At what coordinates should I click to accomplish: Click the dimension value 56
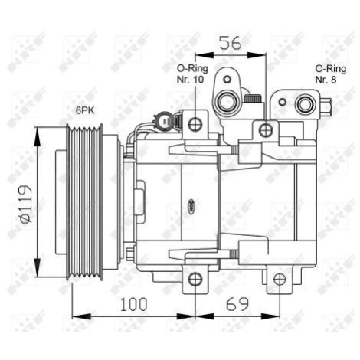pyautogui.click(x=231, y=43)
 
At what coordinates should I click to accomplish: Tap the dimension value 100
pyautogui.click(x=134, y=304)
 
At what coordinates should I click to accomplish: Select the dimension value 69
pyautogui.click(x=237, y=304)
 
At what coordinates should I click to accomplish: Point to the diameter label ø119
pyautogui.click(x=25, y=204)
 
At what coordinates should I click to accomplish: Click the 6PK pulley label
pyautogui.click(x=85, y=110)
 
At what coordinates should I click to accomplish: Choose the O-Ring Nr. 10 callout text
pyautogui.click(x=192, y=74)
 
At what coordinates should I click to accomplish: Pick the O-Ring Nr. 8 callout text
pyautogui.click(x=331, y=74)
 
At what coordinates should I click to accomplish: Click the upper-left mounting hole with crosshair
pyautogui.click(x=195, y=124)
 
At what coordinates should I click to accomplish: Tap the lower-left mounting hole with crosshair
pyautogui.click(x=195, y=279)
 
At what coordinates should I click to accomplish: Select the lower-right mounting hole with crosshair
pyautogui.click(x=280, y=279)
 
